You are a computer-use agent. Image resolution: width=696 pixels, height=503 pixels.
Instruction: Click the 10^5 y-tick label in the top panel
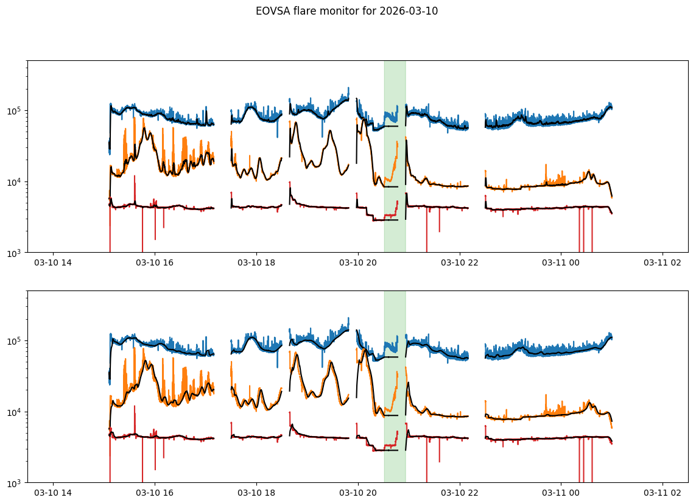pos(15,111)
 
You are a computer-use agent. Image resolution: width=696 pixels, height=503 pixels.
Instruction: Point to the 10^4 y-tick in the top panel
pos(15,182)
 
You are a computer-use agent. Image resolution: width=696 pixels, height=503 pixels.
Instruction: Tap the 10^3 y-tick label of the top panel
pos(15,253)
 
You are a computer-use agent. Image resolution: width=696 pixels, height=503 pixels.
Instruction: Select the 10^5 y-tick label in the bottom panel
pos(15,341)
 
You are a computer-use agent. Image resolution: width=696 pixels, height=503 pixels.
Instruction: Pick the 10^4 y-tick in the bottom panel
pos(15,412)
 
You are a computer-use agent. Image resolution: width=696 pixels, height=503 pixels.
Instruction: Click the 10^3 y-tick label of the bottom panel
pos(15,483)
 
